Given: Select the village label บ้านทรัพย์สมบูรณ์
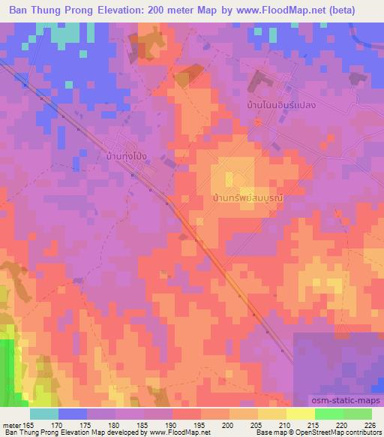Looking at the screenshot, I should tap(247, 199).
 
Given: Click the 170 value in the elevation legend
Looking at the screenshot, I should tap(58, 425).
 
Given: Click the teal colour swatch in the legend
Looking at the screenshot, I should tap(44, 414).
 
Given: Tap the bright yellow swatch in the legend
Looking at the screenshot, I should tap(301, 414).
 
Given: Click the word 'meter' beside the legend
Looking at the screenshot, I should tap(13, 425).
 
